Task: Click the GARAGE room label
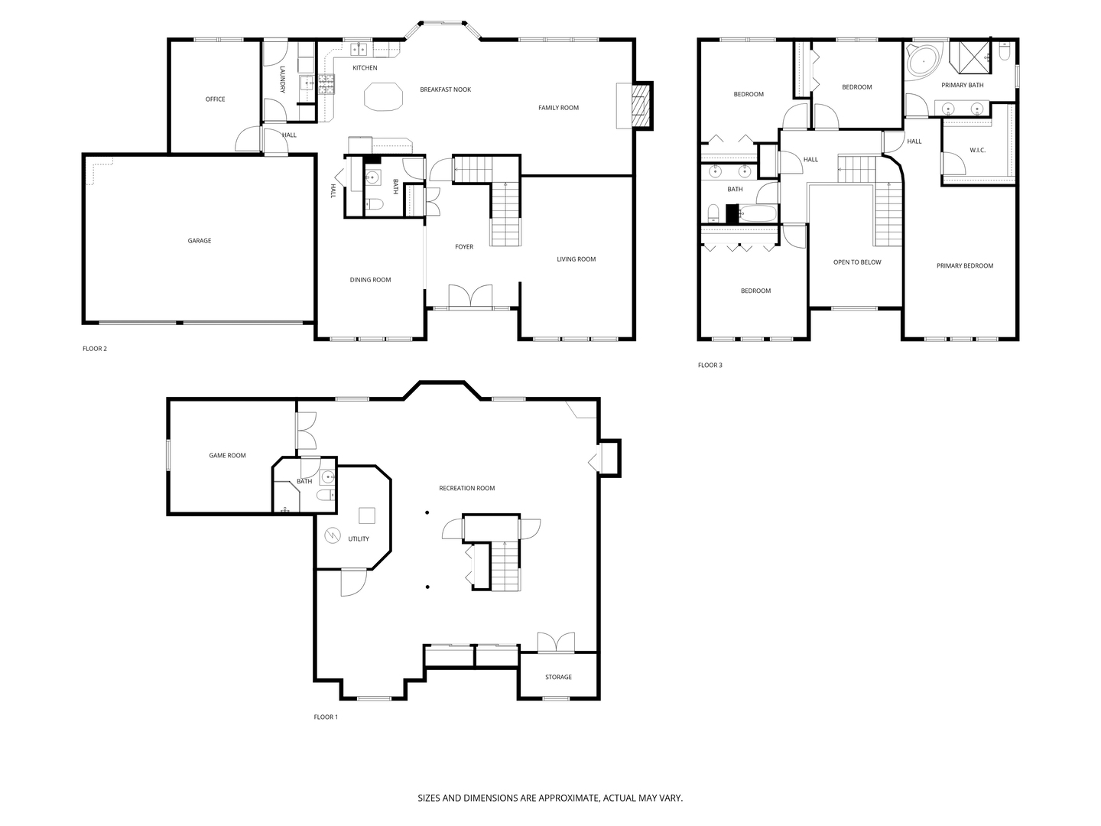coord(199,241)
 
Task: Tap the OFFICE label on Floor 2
coord(215,99)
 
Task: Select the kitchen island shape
coord(384,96)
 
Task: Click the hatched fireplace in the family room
coord(639,106)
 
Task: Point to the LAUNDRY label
coord(282,80)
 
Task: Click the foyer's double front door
coord(470,296)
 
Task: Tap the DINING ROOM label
coord(370,280)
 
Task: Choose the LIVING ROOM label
coord(576,259)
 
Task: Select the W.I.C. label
coord(978,151)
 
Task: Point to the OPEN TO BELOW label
coord(857,262)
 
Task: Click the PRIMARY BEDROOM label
coord(965,266)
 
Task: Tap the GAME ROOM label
coord(227,456)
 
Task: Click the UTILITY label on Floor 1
coord(359,539)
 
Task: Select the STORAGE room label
coord(558,677)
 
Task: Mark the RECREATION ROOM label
coord(467,489)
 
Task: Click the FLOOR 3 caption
coord(710,365)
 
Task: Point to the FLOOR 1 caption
coord(326,717)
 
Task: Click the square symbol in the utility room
coord(367,516)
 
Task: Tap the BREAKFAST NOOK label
coord(446,89)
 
